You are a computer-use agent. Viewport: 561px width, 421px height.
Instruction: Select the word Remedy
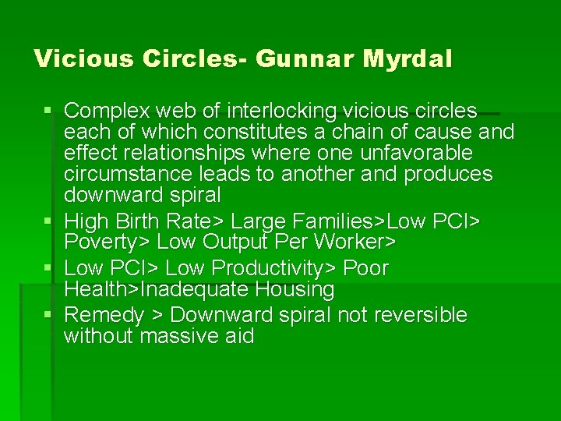[104, 315]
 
